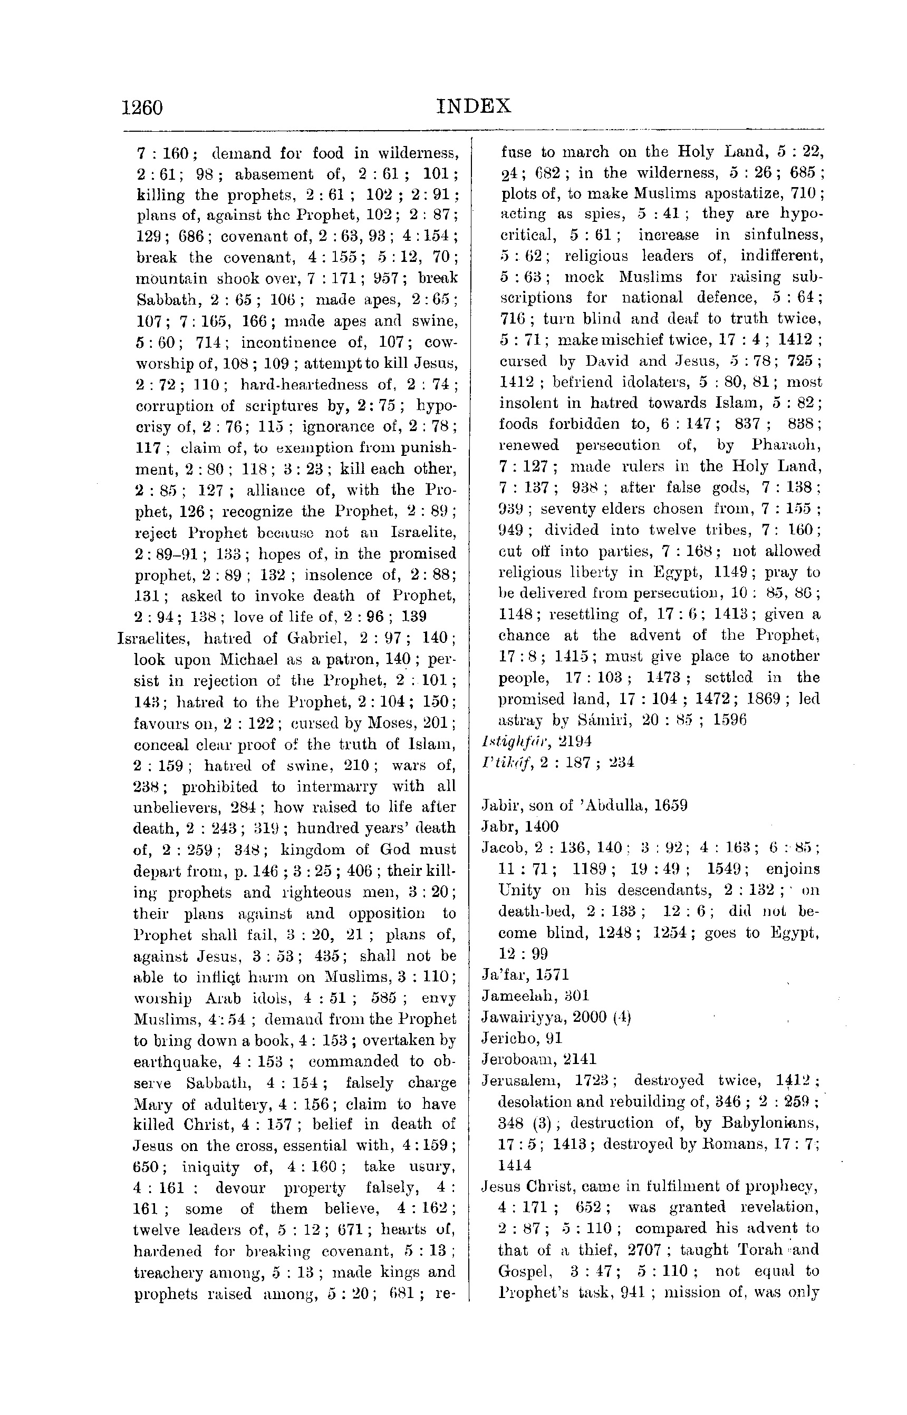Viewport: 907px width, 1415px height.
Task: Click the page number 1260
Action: point(142,108)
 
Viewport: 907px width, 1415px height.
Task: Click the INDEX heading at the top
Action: point(474,106)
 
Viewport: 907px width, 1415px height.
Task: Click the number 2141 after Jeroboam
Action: point(580,1059)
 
